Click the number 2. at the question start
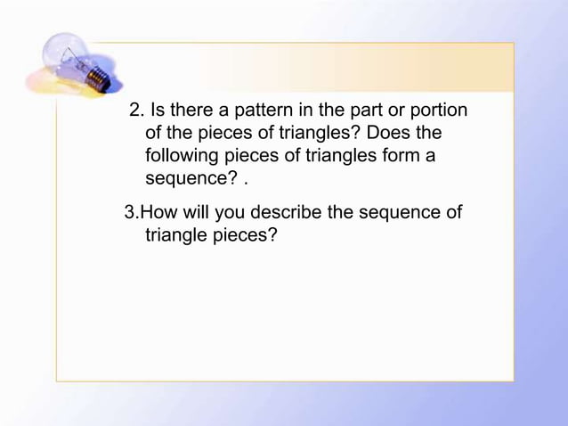[x=137, y=111]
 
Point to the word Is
[x=162, y=111]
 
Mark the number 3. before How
[x=132, y=214]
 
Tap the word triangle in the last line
[x=174, y=237]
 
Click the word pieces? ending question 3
[x=244, y=237]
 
